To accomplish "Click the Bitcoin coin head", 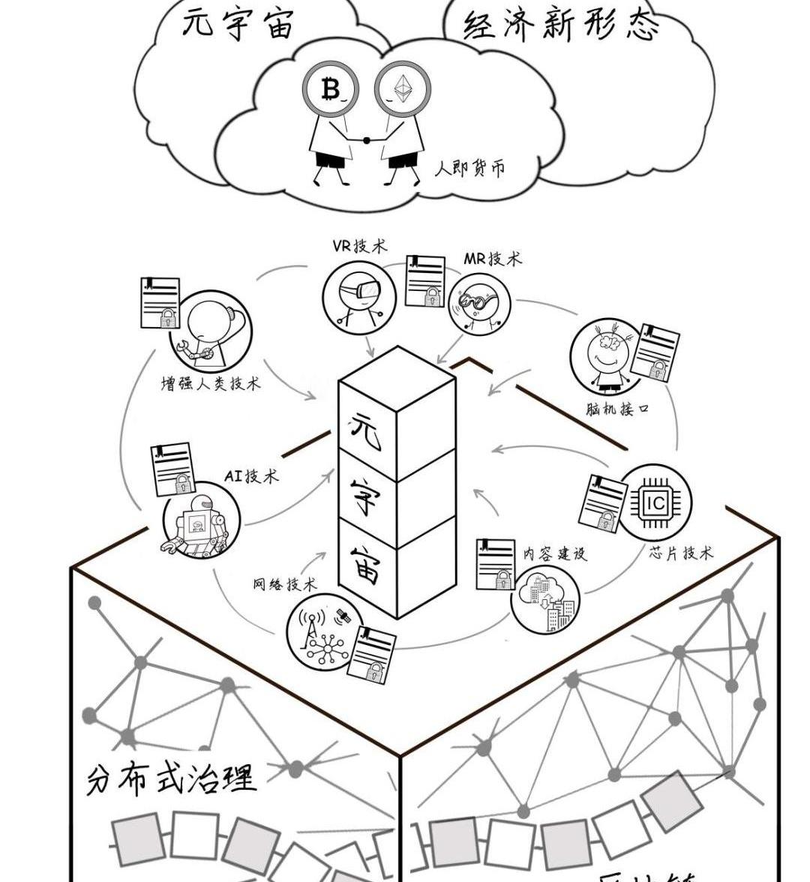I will coord(331,90).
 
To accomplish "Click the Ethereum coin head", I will coord(403,90).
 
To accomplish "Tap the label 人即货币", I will coord(469,166).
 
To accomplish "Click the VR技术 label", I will coord(360,246).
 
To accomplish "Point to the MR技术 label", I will coord(492,259).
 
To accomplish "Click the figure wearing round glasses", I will coord(478,304).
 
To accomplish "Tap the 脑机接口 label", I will coord(616,409).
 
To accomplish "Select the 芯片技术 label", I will coord(681,553).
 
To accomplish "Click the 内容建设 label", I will coord(555,553).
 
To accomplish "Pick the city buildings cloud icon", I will coord(546,598).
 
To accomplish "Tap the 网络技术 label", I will coord(284,584).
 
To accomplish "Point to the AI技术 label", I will coord(251,475).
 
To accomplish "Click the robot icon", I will coord(201,523).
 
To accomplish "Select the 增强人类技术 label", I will coord(211,384).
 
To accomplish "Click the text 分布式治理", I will coord(172,778).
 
